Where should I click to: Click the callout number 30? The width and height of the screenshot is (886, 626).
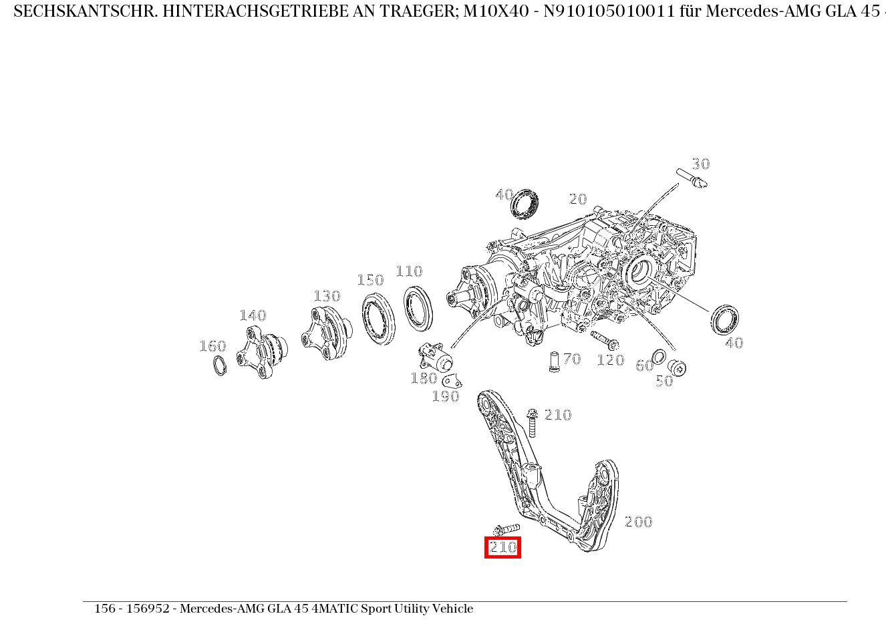(700, 164)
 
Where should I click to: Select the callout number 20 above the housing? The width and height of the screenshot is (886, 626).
(578, 199)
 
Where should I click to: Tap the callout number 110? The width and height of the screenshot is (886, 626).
(409, 271)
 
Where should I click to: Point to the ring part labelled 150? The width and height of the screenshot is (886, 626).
(378, 319)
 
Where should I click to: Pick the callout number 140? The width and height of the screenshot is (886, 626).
(253, 315)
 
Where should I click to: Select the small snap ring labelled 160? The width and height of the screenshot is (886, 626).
(219, 365)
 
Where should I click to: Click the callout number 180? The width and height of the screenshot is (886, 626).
(424, 378)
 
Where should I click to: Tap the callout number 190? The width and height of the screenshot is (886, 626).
(446, 396)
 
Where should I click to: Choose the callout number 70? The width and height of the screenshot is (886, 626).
(572, 359)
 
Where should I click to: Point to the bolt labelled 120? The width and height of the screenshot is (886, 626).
(603, 340)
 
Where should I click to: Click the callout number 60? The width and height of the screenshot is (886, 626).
(644, 365)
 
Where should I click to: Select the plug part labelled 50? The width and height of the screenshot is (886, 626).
(678, 367)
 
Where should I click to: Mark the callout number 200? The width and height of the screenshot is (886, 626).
(638, 522)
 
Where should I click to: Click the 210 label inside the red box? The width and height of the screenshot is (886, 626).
(502, 548)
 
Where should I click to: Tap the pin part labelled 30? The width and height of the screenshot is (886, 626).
(691, 178)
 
